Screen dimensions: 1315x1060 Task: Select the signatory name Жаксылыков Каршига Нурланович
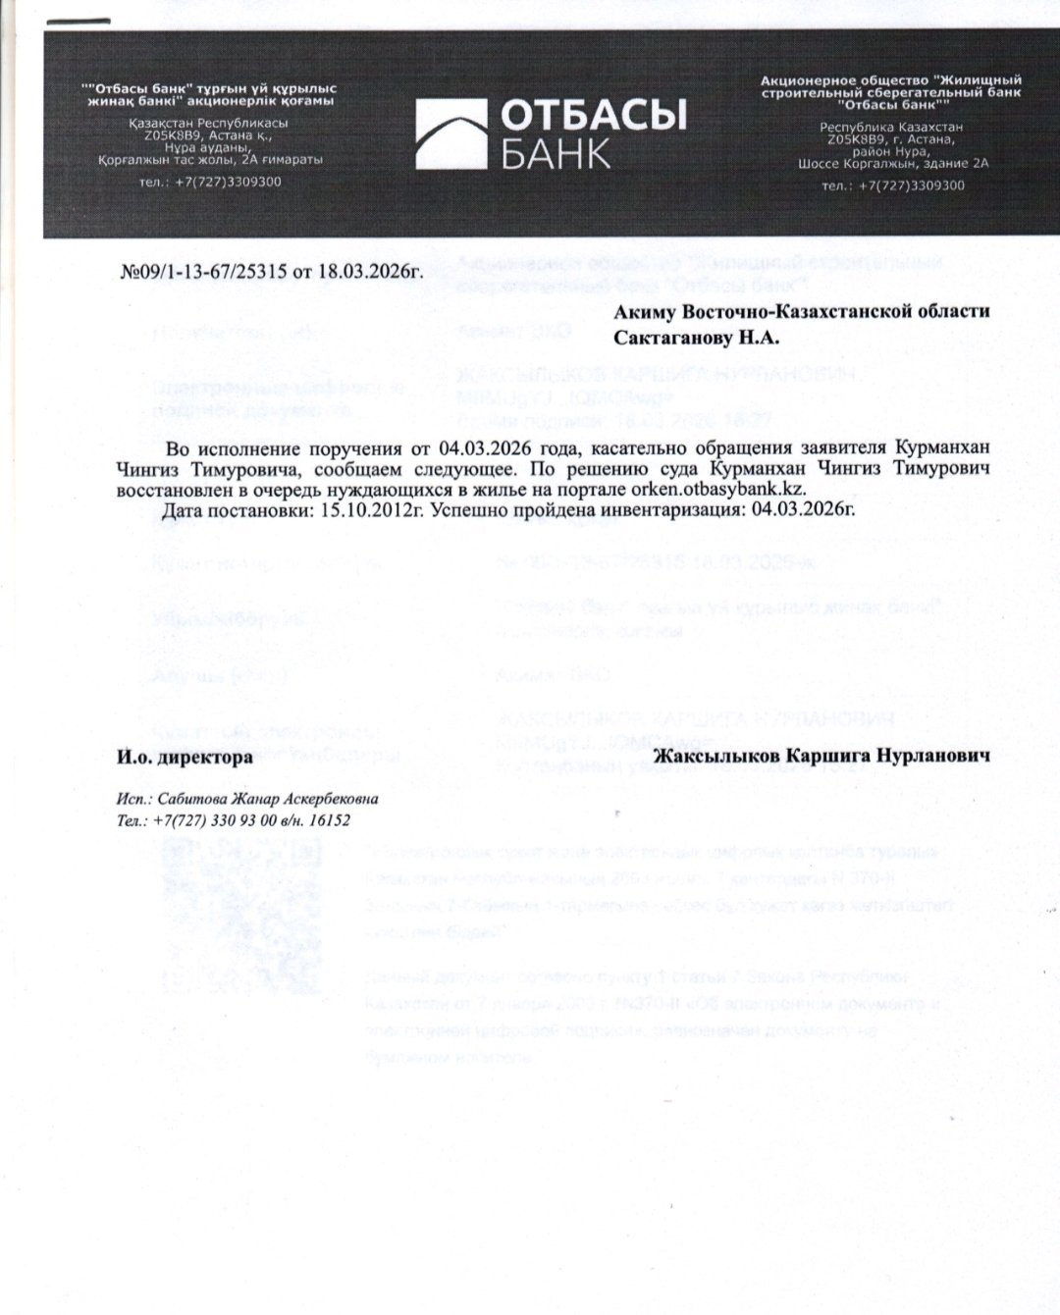(x=821, y=758)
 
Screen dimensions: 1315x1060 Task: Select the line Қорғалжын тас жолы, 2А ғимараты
(x=210, y=159)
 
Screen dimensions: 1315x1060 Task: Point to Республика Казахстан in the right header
(x=892, y=128)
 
